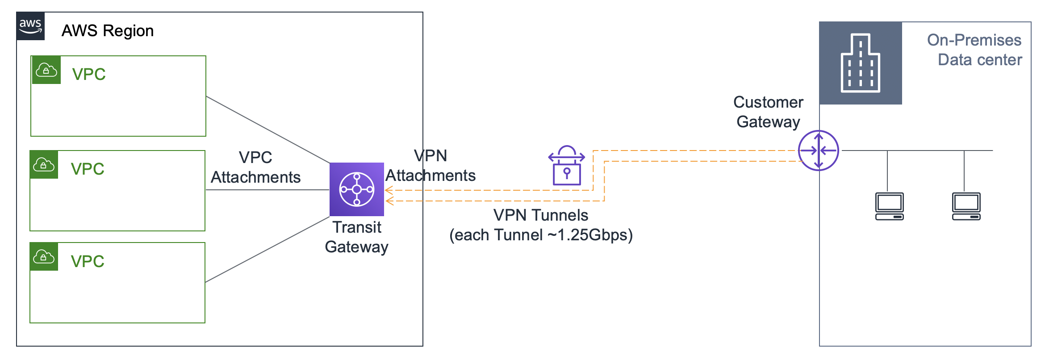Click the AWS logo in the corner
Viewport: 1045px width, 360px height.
[x=30, y=26]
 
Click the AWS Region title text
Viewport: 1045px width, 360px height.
[x=108, y=31]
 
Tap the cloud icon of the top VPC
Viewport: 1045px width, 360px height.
[x=46, y=70]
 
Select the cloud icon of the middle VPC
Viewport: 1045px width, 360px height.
[x=44, y=165]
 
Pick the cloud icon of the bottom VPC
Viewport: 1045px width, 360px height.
[x=44, y=257]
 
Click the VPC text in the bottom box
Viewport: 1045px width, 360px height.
[x=88, y=261]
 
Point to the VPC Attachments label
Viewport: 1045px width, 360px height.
[x=255, y=167]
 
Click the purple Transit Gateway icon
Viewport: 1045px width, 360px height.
[x=357, y=189]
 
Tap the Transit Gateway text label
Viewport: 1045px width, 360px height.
[x=357, y=237]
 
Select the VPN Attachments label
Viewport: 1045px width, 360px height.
[x=431, y=166]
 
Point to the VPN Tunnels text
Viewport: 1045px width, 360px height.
[x=541, y=215]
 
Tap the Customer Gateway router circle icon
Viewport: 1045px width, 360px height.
[x=818, y=151]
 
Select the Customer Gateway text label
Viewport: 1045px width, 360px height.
[x=768, y=112]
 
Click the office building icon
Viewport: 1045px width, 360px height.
[x=860, y=63]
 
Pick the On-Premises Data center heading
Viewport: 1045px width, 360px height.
[x=975, y=50]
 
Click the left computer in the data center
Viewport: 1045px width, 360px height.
[x=889, y=206]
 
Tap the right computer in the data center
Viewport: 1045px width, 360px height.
[x=966, y=206]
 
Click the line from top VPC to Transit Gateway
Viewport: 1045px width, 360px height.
[x=268, y=130]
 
